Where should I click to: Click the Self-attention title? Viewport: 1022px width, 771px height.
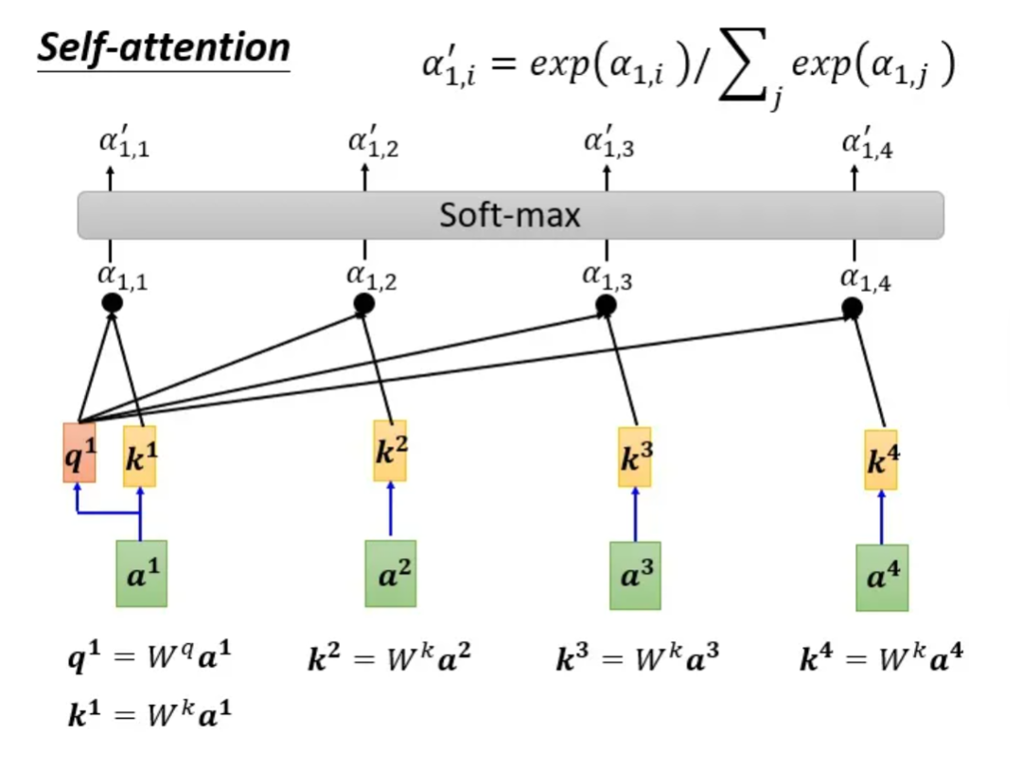click(163, 48)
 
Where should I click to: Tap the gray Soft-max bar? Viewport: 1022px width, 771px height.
click(510, 215)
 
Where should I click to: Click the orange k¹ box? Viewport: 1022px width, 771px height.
click(140, 457)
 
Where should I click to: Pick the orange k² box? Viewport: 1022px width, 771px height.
click(390, 451)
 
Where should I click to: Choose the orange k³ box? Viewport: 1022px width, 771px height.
click(635, 457)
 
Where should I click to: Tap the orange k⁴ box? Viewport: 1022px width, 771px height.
click(881, 459)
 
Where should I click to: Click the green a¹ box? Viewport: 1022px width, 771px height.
click(141, 573)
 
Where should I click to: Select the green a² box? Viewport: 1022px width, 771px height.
click(391, 573)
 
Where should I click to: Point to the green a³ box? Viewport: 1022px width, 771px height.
click(635, 575)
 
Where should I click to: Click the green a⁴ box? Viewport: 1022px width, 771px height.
click(882, 577)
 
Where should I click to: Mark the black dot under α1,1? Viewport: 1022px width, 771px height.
click(112, 304)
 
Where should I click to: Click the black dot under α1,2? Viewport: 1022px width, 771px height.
click(364, 304)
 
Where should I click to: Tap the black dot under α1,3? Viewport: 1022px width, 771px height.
click(607, 306)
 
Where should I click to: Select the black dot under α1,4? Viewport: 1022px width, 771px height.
click(852, 308)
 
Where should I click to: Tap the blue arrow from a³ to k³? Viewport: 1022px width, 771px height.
click(635, 515)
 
